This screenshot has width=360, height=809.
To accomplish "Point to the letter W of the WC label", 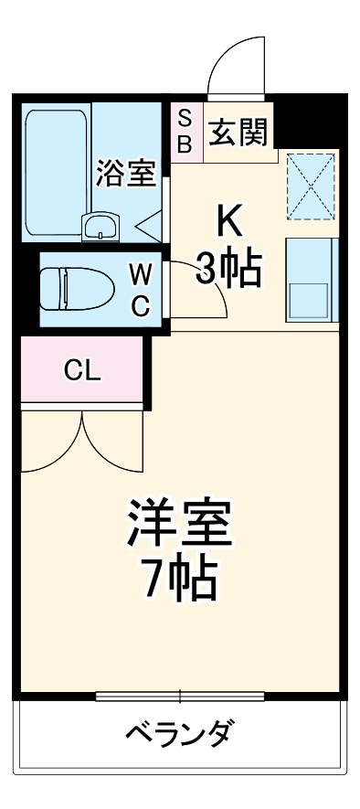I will pyautogui.click(x=141, y=273).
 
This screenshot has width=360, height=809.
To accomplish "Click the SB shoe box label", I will pyautogui.click(x=185, y=131).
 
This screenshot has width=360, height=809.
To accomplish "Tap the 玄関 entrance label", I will pyautogui.click(x=238, y=133).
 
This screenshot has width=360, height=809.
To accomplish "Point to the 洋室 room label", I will pyautogui.click(x=179, y=522).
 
